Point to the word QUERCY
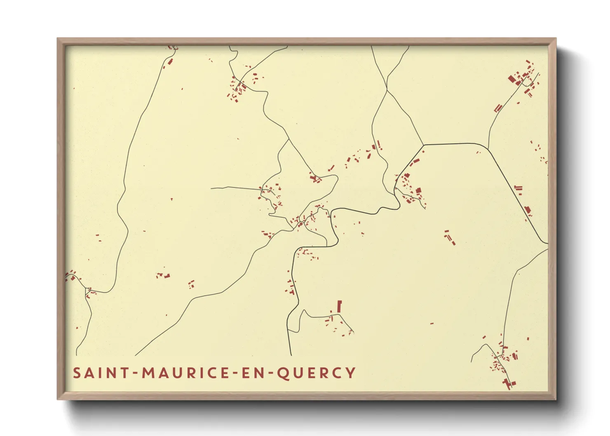316,373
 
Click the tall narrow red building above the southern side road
340,307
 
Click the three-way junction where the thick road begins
424,145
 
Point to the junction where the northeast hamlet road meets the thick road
488,149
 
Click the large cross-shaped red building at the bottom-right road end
508,384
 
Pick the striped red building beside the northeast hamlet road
498,108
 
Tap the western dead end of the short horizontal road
211,188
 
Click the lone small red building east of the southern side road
432,324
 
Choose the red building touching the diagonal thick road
528,210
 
